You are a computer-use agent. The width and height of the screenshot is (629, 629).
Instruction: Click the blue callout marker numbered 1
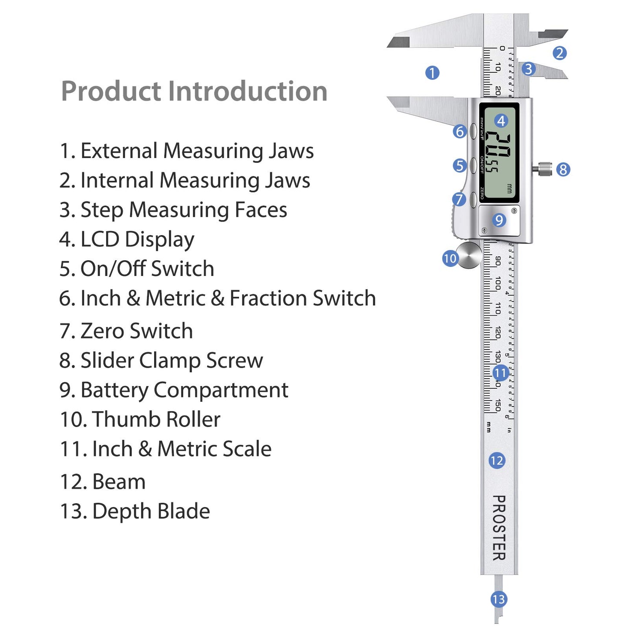pos(432,73)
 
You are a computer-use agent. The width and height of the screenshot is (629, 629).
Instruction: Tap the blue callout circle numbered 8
pos(563,169)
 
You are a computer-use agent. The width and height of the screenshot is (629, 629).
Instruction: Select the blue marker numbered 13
pos(498,599)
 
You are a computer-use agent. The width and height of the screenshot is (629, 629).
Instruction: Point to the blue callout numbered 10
pos(450,259)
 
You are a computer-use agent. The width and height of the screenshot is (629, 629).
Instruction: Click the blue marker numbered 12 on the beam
pos(497,461)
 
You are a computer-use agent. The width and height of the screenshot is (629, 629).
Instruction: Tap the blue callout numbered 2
pos(559,53)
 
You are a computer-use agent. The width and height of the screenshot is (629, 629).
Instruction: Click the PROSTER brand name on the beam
pos(499,528)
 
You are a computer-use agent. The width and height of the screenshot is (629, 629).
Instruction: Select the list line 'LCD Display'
pos(127,239)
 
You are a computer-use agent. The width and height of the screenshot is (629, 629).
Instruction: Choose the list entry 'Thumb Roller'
pos(140,420)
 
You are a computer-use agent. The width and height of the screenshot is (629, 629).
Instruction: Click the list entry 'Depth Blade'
pos(135,511)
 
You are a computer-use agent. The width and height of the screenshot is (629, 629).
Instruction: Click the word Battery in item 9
pos(114,390)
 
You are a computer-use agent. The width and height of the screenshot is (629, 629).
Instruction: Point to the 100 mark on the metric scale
pos(497,283)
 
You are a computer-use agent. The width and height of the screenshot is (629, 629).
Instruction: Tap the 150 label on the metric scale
pos(497,405)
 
